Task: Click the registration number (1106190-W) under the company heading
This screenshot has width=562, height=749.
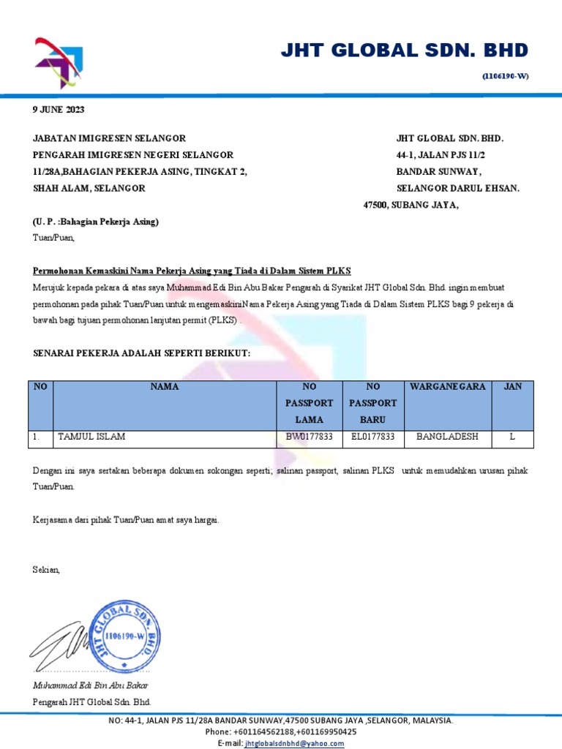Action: pos(504,76)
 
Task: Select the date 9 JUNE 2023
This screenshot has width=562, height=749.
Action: pos(59,110)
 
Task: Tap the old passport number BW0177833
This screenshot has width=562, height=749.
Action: pos(310,437)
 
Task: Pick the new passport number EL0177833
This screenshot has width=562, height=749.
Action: pos(373,437)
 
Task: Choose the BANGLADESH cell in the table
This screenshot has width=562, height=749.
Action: pos(447,437)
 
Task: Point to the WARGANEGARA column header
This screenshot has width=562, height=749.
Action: pos(447,386)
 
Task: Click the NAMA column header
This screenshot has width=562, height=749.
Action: pos(165,386)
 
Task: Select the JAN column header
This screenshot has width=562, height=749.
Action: pos(512,386)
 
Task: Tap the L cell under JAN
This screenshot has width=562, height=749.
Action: pos(512,437)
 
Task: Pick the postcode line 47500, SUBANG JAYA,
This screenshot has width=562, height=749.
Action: pos(411,205)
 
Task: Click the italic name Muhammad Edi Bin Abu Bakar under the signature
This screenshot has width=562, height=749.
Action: pos(91,685)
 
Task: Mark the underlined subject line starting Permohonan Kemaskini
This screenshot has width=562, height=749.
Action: pos(192,271)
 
